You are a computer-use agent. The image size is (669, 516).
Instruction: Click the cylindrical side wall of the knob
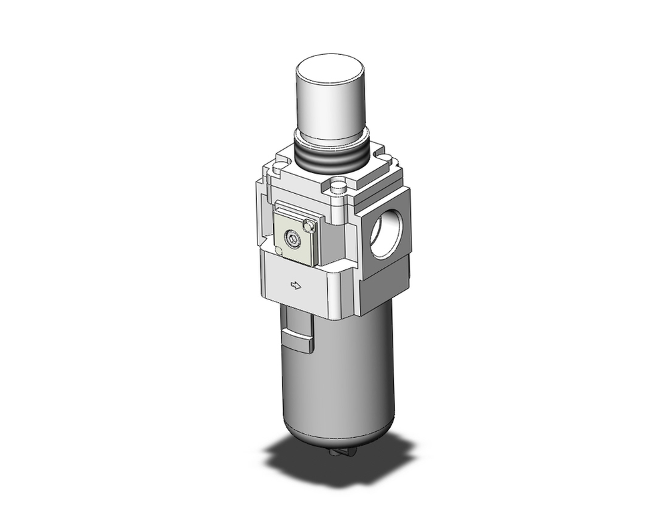pos(330,107)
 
